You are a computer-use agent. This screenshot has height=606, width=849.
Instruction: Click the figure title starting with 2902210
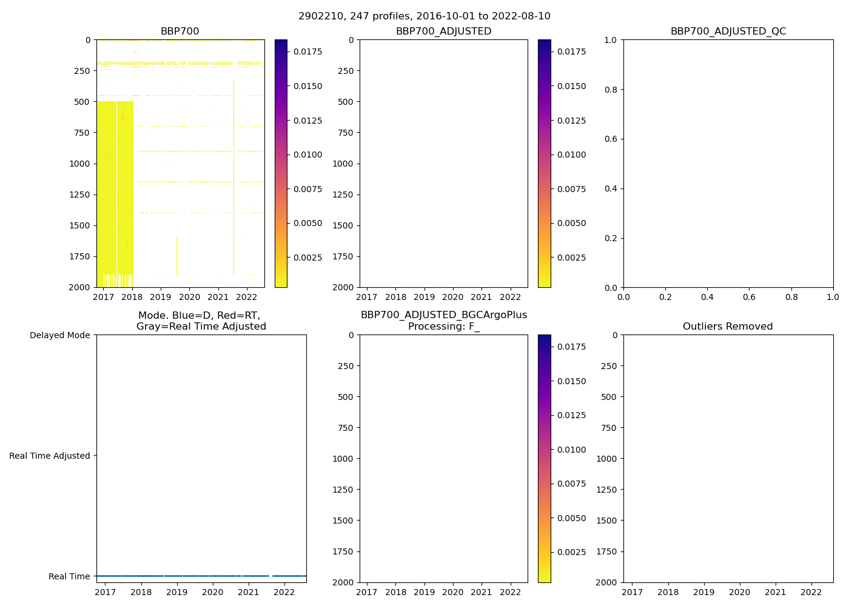click(424, 16)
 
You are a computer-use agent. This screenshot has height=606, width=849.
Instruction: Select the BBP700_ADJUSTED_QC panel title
click(728, 32)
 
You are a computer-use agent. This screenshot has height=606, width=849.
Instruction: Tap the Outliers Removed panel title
click(728, 327)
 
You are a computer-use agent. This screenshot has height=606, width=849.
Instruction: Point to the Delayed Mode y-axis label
click(59, 335)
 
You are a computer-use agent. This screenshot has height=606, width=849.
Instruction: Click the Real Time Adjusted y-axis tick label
click(49, 456)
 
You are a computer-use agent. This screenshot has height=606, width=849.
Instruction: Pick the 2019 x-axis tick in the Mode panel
click(177, 592)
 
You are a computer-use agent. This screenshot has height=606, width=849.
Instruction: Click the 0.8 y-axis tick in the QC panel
click(611, 90)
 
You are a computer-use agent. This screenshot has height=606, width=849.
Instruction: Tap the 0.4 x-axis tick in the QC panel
click(707, 297)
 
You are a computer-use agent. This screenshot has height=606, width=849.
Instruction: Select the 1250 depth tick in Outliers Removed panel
click(606, 490)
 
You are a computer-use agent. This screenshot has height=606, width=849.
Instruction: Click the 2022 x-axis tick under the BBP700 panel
click(247, 297)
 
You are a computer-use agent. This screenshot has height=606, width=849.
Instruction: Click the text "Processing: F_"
click(443, 327)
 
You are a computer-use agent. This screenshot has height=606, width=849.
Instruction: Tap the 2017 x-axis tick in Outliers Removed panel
click(633, 592)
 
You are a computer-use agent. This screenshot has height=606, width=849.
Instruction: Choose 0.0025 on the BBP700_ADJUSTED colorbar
click(571, 258)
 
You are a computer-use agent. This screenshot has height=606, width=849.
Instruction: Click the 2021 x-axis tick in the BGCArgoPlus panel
click(482, 592)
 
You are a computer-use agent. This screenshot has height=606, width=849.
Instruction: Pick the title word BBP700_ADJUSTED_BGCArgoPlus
click(443, 315)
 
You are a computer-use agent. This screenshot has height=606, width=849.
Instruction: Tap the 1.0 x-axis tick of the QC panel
click(833, 297)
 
